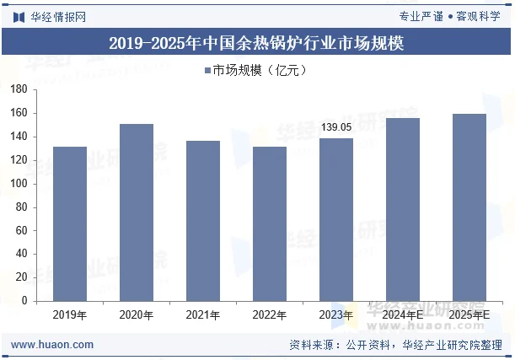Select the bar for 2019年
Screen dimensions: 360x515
69,224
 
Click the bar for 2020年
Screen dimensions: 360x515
136,212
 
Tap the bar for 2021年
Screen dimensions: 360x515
202,221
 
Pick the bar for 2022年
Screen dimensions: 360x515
270,224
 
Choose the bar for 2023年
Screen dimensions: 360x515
336,219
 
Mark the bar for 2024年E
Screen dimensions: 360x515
403,209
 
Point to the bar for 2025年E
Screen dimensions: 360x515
469,207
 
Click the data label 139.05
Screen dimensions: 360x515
336,127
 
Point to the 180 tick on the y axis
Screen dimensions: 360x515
20,89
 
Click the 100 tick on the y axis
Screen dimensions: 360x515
20,184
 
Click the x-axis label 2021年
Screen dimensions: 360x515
202,315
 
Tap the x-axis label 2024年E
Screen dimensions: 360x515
403,315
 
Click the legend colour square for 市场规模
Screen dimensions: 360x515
207,70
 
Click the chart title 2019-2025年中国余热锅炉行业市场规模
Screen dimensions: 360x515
256,44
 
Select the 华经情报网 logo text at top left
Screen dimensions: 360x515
57,16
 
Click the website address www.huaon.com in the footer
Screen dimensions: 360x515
52,345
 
